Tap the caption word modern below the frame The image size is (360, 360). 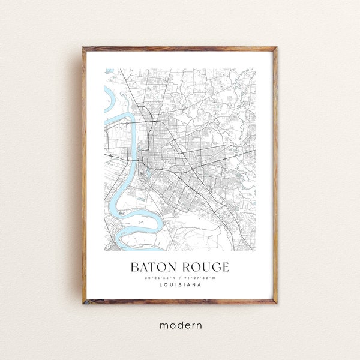click(x=181, y=325)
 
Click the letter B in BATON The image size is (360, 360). click(x=134, y=266)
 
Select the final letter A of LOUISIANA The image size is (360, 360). click(x=200, y=285)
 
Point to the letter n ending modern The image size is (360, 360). click(x=199, y=325)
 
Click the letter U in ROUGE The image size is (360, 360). click(x=201, y=266)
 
